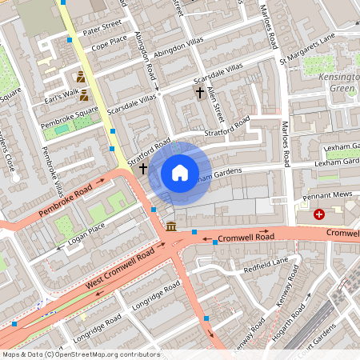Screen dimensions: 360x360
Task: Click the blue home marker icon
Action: click(x=180, y=173)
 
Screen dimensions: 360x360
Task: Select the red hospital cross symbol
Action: click(x=319, y=214)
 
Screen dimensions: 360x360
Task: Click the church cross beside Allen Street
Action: click(x=199, y=93)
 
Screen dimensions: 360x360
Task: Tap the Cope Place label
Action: click(x=109, y=42)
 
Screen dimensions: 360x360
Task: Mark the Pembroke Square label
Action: click(x=71, y=111)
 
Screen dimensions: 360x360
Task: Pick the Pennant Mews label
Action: click(x=323, y=195)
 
